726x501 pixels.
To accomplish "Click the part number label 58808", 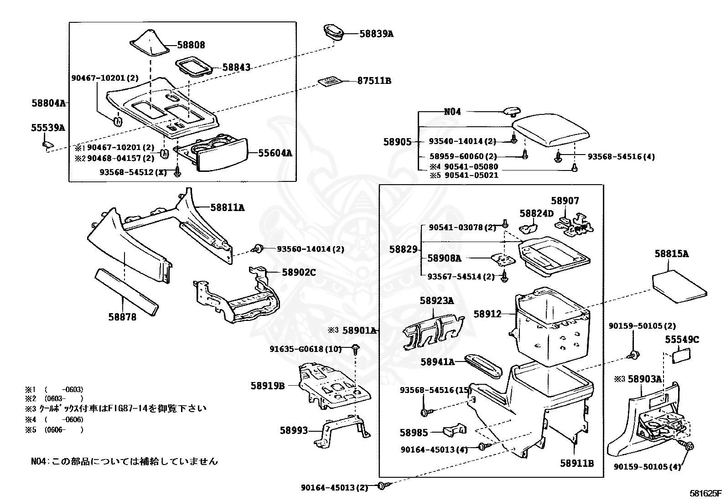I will pos(191,45).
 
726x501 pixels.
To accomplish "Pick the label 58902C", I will pos(299,272).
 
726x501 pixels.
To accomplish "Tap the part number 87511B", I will pos(374,81).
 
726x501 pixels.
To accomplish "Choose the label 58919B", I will pos(267,386).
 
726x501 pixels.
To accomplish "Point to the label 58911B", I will pos(577,463).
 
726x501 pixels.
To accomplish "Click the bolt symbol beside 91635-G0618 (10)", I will pos(355,349).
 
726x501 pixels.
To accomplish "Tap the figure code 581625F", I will pos(705,493).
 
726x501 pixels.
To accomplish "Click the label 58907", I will pos(565,201).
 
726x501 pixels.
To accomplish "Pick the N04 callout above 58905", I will pos(452,112).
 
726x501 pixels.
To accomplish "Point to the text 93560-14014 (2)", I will pos(310,249).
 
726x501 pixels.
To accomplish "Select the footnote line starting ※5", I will pos(55,429).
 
